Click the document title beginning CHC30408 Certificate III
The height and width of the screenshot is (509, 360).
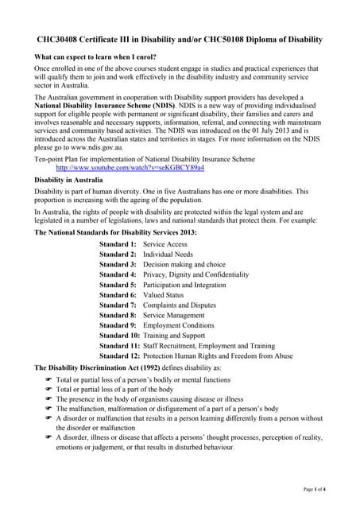pos(180,39)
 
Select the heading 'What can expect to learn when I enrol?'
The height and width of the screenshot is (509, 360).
pos(95,57)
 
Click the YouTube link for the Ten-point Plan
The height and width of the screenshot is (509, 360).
pos(130,169)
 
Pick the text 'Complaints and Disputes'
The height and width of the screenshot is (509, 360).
pos(179,305)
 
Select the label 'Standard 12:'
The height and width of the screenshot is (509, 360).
pos(119,356)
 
